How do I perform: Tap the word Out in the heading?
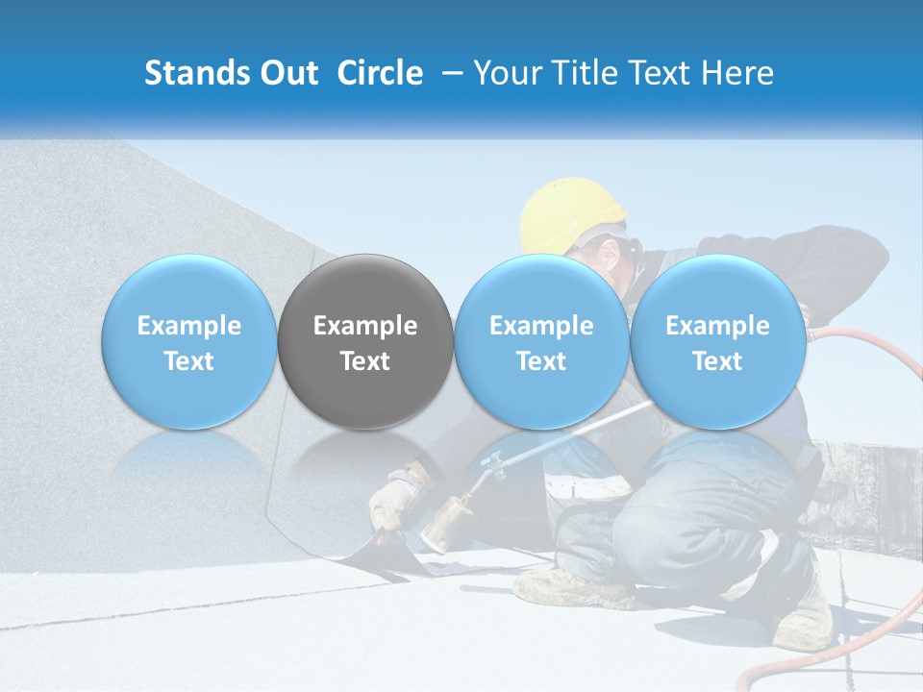287,73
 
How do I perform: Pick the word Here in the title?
737,73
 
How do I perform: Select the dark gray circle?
365,341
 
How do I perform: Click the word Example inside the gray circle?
365,326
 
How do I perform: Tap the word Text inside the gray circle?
365,361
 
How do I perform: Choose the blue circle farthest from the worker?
189,341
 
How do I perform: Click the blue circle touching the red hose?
717,341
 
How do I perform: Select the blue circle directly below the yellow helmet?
541,341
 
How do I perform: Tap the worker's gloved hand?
394,500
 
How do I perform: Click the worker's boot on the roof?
567,586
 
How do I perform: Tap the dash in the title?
450,73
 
